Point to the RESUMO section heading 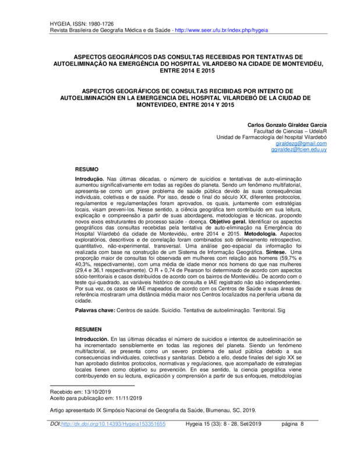86,168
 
